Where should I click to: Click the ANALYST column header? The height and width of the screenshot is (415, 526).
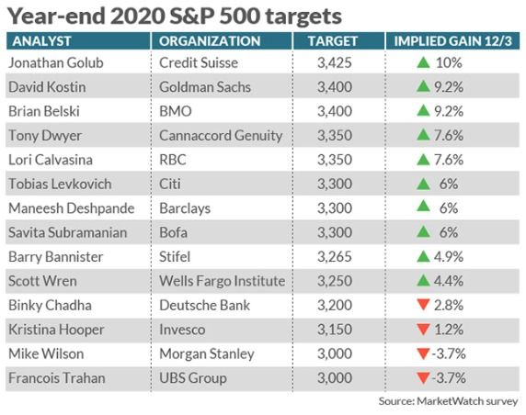pyautogui.click(x=41, y=41)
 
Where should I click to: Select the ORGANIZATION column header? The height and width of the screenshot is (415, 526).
pyautogui.click(x=210, y=41)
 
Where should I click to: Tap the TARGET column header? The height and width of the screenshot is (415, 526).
pyautogui.click(x=333, y=41)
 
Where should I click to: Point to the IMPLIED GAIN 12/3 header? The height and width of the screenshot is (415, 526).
pyautogui.click(x=452, y=41)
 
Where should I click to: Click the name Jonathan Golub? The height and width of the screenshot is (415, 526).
pyautogui.click(x=56, y=62)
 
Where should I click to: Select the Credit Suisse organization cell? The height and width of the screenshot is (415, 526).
pyautogui.click(x=199, y=62)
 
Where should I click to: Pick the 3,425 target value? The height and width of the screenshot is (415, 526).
pyautogui.click(x=335, y=62)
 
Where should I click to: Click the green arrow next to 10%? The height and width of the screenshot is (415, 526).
pyautogui.click(x=423, y=62)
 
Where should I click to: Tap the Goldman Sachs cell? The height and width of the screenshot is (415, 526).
pyautogui.click(x=205, y=87)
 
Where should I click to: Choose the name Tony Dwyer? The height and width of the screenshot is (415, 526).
pyautogui.click(x=45, y=136)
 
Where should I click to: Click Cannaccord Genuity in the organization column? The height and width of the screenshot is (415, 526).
pyautogui.click(x=221, y=136)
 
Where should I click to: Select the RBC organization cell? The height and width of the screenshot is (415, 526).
pyautogui.click(x=173, y=160)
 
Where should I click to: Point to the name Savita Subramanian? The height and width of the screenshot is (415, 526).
pyautogui.click(x=68, y=232)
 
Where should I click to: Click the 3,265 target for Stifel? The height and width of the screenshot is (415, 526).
pyautogui.click(x=335, y=257)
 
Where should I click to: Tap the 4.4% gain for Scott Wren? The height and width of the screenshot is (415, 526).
pyautogui.click(x=449, y=281)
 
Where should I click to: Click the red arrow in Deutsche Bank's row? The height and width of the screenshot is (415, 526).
pyautogui.click(x=423, y=305)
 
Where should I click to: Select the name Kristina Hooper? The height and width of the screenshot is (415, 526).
pyautogui.click(x=56, y=330)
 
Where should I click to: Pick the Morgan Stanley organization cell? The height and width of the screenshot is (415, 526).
pyautogui.click(x=207, y=354)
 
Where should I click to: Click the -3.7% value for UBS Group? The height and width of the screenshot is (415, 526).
pyautogui.click(x=449, y=378)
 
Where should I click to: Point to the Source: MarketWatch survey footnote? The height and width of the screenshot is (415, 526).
pyautogui.click(x=448, y=401)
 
